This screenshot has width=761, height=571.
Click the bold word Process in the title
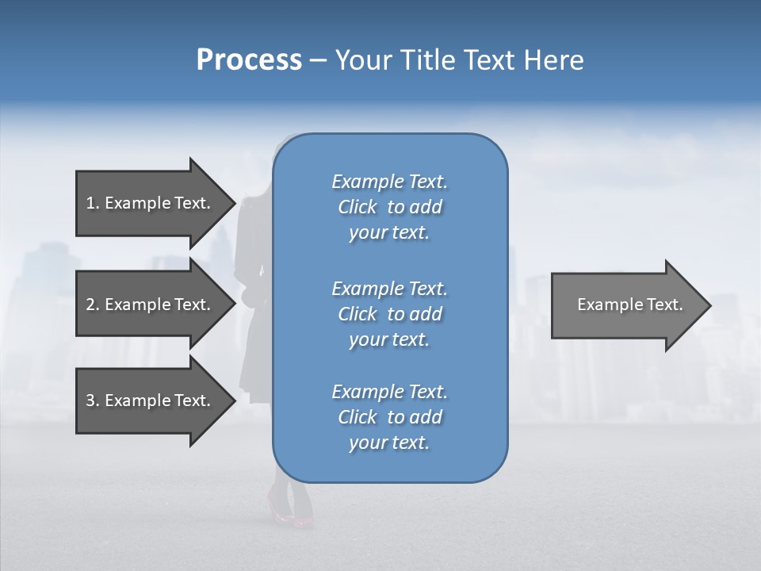click(249, 60)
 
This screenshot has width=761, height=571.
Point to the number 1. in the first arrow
click(93, 203)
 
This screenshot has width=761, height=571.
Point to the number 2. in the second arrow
click(93, 305)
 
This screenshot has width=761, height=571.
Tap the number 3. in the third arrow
click(93, 400)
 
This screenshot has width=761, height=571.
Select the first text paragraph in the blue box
click(389, 207)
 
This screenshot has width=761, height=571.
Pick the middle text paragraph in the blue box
click(389, 313)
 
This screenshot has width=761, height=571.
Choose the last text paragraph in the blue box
click(389, 417)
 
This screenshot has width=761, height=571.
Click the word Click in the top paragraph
click(357, 207)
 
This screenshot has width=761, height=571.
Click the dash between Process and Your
click(318, 60)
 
